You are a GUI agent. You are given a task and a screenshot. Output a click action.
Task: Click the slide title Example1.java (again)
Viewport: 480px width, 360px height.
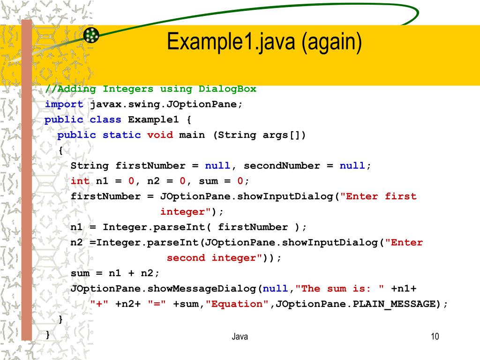click(264, 42)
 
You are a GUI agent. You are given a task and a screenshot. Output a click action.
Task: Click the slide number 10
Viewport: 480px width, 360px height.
click(435, 337)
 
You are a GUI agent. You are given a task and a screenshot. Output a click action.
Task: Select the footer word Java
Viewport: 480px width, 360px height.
click(240, 337)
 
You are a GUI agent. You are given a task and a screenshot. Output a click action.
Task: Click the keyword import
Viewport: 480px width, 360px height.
click(64, 105)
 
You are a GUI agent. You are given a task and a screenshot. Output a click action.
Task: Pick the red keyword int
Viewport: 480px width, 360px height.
click(80, 181)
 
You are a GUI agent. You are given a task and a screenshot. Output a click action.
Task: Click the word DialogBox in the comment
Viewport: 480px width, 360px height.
click(227, 89)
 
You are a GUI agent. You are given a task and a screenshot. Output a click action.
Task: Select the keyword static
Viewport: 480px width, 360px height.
click(121, 135)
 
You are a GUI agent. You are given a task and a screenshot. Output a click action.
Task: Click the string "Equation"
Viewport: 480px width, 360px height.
click(237, 304)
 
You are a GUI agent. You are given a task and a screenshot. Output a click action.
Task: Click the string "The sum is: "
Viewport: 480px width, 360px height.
click(342, 288)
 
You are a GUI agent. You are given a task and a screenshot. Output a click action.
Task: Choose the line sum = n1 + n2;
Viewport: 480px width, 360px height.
click(115, 273)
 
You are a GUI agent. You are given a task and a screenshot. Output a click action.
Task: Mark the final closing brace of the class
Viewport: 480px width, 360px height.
click(48, 334)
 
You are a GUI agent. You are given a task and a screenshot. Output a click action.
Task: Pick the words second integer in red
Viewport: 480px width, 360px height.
click(211, 258)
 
